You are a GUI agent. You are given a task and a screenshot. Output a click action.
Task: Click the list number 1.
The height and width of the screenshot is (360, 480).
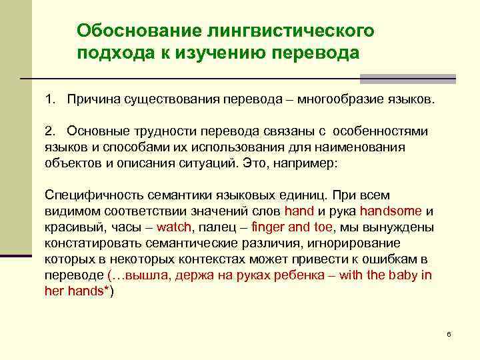(49, 100)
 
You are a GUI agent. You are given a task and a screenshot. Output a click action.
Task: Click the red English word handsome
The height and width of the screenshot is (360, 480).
(391, 211)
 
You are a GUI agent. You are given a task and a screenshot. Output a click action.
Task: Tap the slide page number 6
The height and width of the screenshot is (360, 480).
(449, 333)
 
